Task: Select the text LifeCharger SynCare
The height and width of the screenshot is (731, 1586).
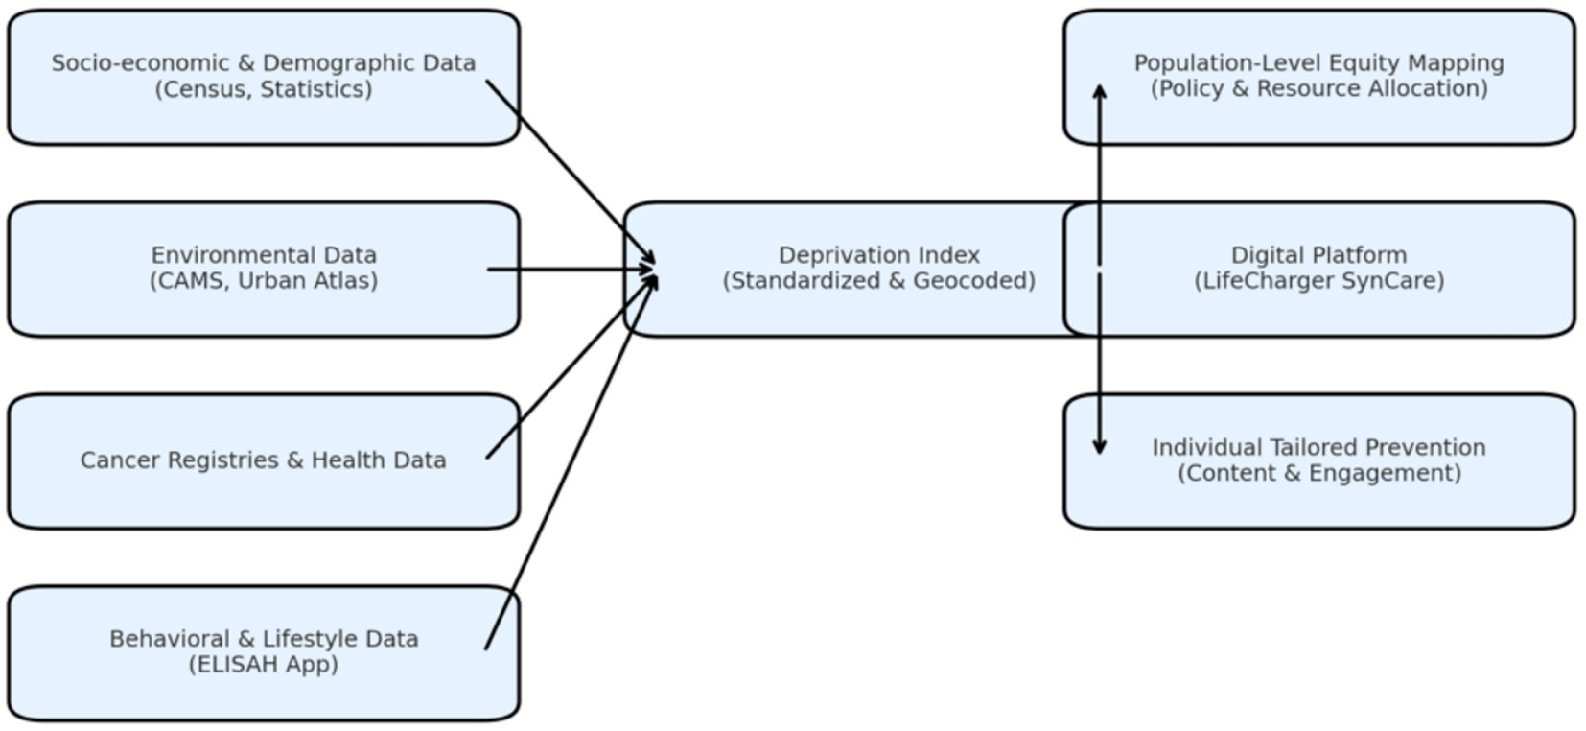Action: click(1318, 281)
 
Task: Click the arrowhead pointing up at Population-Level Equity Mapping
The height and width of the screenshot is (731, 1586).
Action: click(1100, 91)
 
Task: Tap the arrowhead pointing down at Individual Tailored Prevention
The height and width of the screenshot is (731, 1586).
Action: click(1100, 447)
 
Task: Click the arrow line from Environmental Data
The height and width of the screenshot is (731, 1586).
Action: click(566, 270)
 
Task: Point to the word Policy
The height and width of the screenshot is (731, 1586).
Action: click(1191, 89)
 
